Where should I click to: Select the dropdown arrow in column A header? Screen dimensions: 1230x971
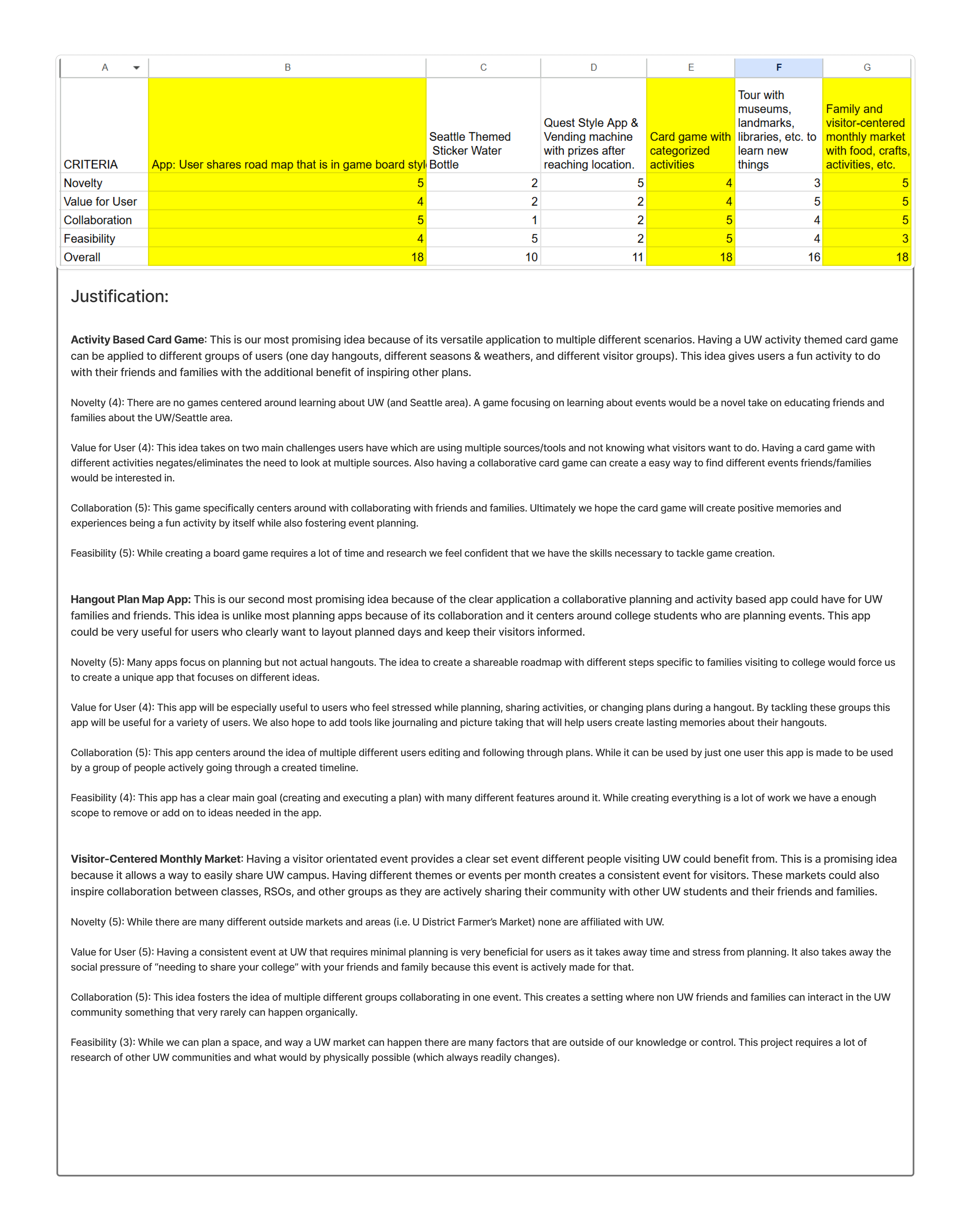click(137, 68)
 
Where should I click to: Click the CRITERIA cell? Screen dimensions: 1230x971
click(91, 164)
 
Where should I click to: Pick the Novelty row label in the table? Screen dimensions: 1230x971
click(83, 183)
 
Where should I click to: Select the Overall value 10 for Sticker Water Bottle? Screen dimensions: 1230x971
click(531, 257)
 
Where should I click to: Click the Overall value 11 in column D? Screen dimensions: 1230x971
click(637, 257)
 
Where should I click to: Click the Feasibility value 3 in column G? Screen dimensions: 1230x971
click(905, 239)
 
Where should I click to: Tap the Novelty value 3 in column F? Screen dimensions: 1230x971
click(817, 183)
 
